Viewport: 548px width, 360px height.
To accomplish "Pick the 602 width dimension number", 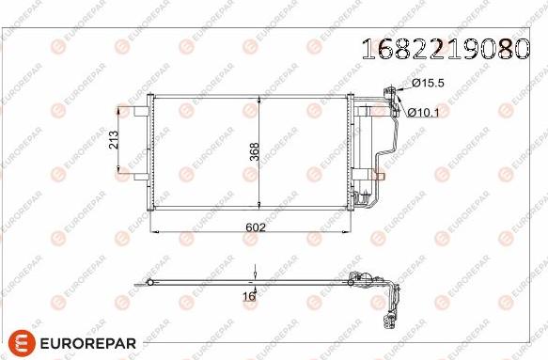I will pos(255,227).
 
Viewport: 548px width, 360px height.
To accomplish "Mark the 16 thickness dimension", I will pos(250,295).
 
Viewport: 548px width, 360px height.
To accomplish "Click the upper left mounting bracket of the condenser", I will pos(141,112).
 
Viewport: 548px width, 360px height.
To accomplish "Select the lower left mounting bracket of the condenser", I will pos(141,176).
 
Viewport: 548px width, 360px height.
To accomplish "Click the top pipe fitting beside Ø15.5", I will pos(387,90).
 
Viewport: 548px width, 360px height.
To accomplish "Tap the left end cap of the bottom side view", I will pos(142,281).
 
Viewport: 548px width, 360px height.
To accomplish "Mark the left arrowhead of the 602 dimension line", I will pos(156,231).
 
